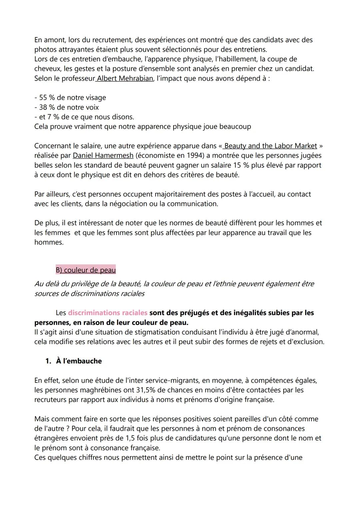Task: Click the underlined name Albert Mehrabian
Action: coord(125,79)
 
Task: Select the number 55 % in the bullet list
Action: coord(47,98)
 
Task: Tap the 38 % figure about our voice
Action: coord(47,107)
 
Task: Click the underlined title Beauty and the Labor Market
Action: coord(270,146)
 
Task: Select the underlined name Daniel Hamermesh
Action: coord(103,156)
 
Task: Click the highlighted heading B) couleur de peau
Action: coord(86,270)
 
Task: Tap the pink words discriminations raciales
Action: coord(107,313)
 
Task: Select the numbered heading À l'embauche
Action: coord(79,361)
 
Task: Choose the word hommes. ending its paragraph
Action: coord(49,242)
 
